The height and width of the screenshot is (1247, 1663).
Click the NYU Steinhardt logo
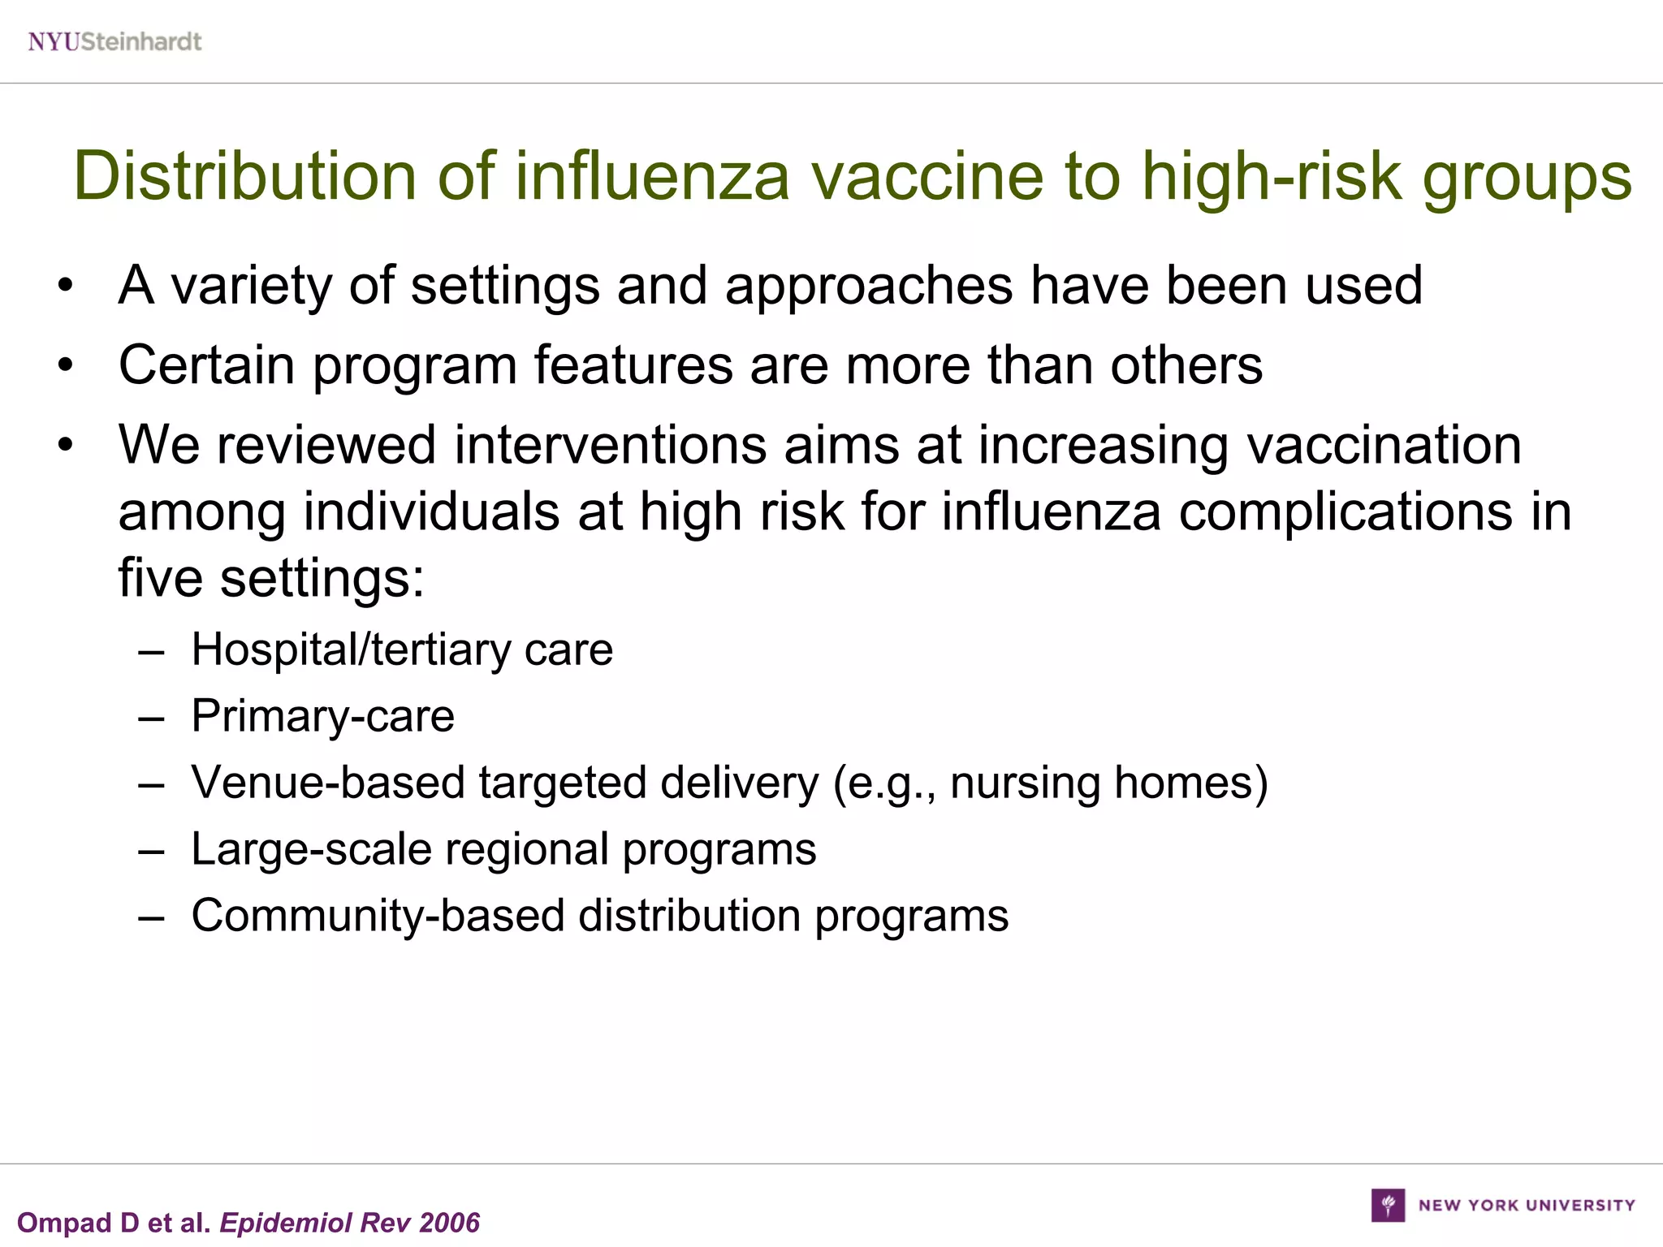click(x=114, y=41)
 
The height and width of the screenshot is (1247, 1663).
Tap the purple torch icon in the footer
click(x=1388, y=1205)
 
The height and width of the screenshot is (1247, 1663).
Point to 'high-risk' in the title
click(x=1272, y=176)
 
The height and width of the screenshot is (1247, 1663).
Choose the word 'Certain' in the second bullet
click(x=206, y=365)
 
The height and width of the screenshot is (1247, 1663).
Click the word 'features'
click(x=633, y=365)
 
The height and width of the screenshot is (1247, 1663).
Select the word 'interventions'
click(x=610, y=445)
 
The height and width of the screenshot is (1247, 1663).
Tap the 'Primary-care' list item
click(x=322, y=716)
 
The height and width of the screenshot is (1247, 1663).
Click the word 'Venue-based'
click(x=328, y=783)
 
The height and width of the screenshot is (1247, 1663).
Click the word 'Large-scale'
click(x=310, y=849)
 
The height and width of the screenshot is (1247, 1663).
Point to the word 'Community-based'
click(x=378, y=916)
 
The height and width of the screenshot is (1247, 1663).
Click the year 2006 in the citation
click(x=450, y=1223)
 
